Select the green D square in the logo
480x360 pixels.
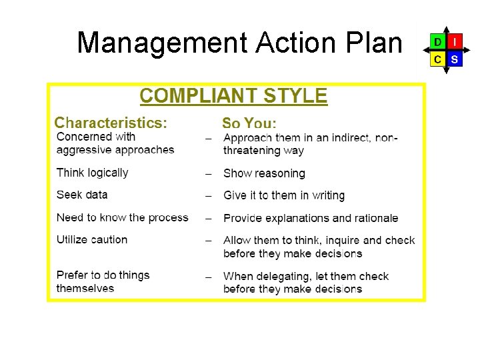pyautogui.click(x=437, y=42)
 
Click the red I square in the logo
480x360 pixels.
pyautogui.click(x=454, y=42)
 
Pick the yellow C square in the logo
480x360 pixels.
pyautogui.click(x=437, y=59)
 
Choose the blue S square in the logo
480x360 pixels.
pyautogui.click(x=454, y=59)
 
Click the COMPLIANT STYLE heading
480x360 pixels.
pyautogui.click(x=233, y=96)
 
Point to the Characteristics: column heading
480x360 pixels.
pyautogui.click(x=111, y=123)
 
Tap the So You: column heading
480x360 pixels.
pyautogui.click(x=249, y=123)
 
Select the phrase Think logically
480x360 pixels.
pyautogui.click(x=92, y=173)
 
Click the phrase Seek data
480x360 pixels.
pyautogui.click(x=82, y=195)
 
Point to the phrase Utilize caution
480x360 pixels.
pyautogui.click(x=92, y=239)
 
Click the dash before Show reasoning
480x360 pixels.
pyautogui.click(x=209, y=174)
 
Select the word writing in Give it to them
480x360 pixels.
pyautogui.click(x=328, y=195)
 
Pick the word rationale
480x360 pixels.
pyautogui.click(x=375, y=218)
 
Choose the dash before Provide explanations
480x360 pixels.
pyautogui.click(x=209, y=219)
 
